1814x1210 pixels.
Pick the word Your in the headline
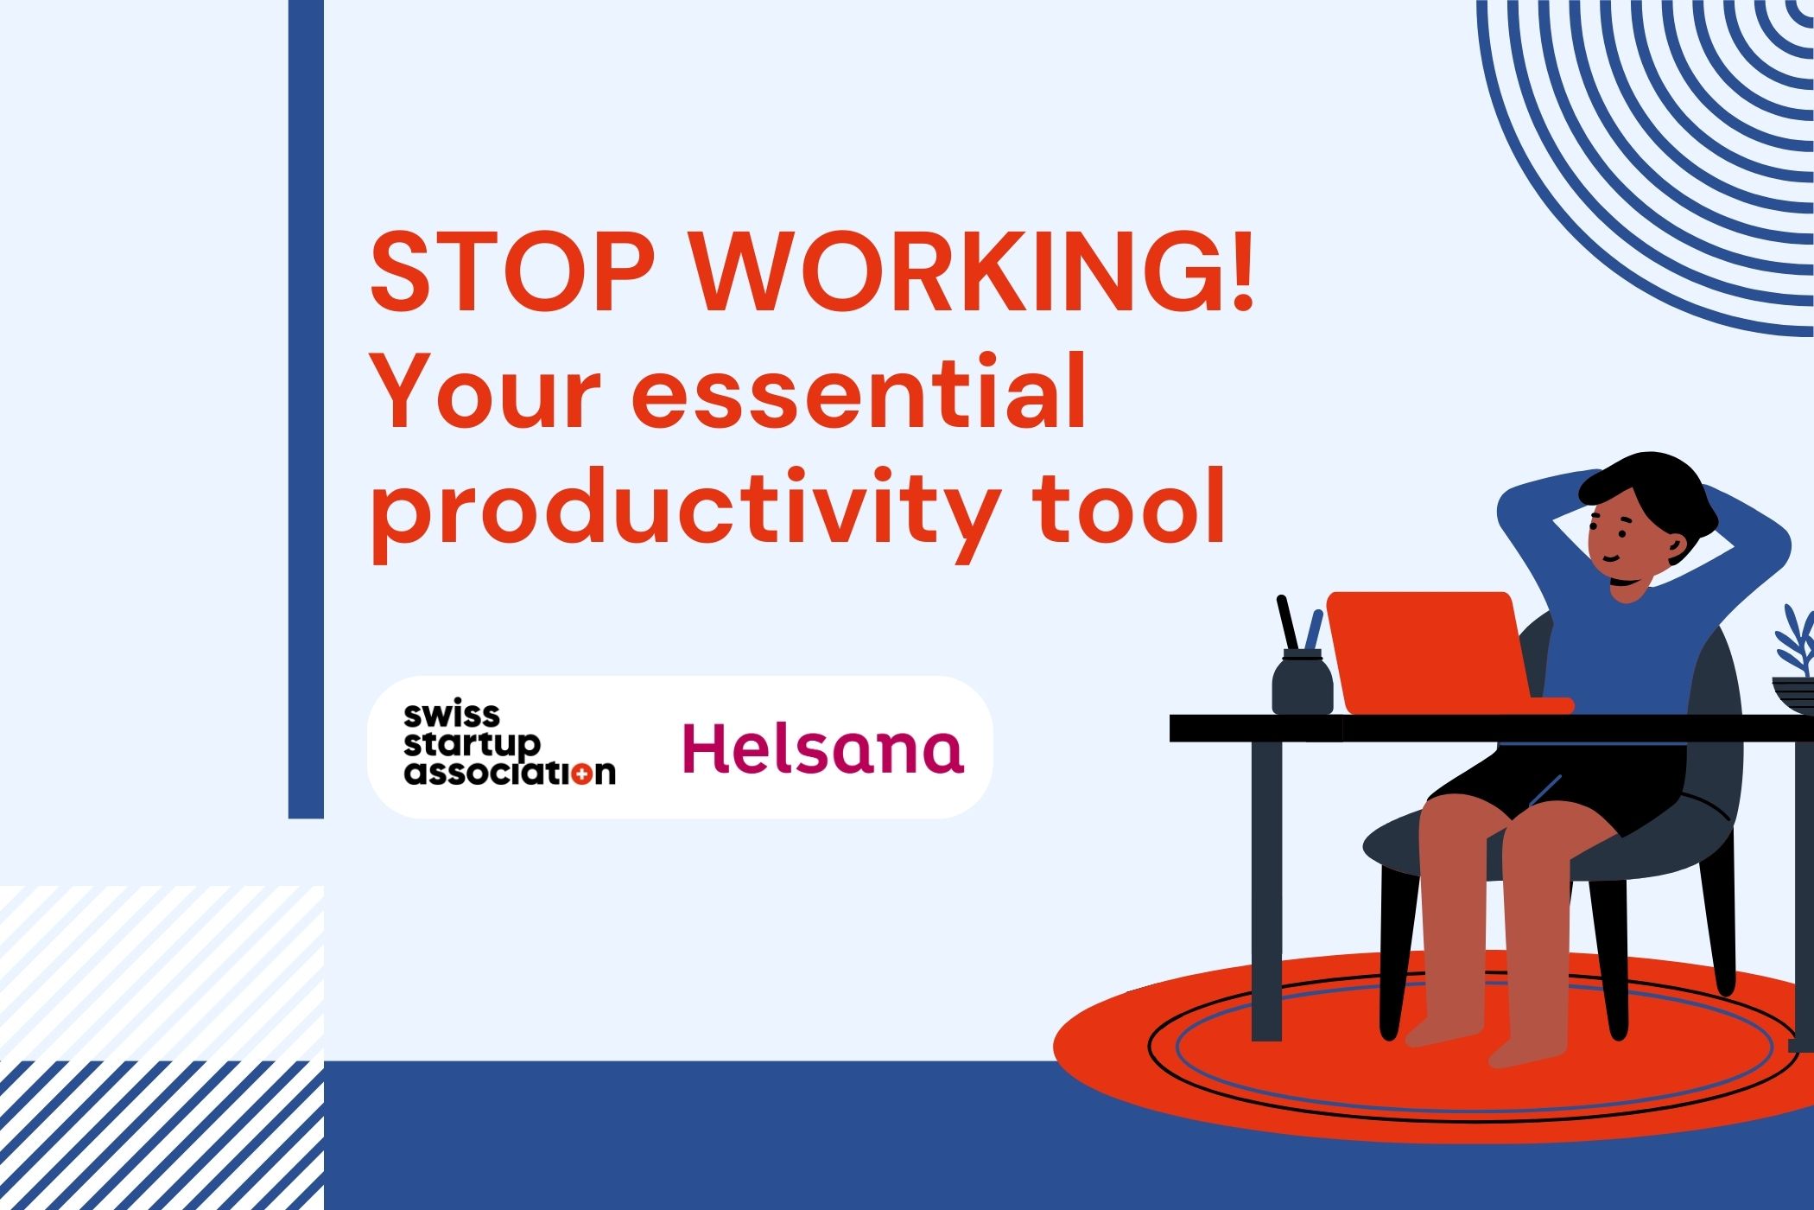(x=485, y=392)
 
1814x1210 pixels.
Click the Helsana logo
(x=823, y=748)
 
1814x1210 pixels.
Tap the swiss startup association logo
(x=510, y=744)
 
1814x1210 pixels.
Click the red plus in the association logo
(x=585, y=772)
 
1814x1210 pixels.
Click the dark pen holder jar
(x=1302, y=683)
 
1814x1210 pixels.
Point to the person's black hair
(x=1650, y=497)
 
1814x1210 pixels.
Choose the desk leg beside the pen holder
(x=1266, y=890)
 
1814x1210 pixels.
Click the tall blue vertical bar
(x=306, y=409)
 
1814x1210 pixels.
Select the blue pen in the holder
(x=1312, y=629)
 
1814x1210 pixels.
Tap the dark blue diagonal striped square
(x=162, y=1135)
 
